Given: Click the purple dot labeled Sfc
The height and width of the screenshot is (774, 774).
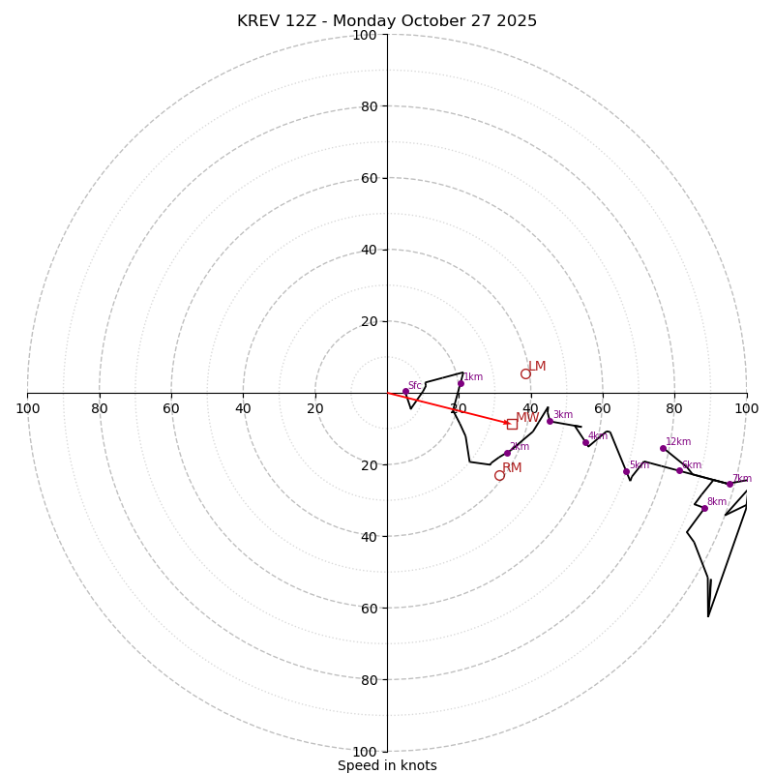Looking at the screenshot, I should [x=405, y=391].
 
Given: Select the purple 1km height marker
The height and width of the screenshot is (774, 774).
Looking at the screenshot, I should [x=461, y=383].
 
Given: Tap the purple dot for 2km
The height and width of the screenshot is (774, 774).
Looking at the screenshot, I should [x=507, y=453].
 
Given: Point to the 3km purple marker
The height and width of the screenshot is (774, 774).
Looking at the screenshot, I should [x=550, y=421].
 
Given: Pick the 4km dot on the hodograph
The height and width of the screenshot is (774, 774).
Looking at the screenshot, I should [x=585, y=442].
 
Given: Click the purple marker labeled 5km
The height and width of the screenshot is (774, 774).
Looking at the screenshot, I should [x=626, y=471].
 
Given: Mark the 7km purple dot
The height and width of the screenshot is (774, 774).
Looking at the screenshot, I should [x=729, y=484].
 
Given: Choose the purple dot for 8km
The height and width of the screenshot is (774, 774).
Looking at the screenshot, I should [x=704, y=508].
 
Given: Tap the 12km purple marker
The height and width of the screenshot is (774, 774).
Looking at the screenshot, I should [x=663, y=448].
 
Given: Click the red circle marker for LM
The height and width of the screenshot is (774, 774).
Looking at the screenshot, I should [x=525, y=373].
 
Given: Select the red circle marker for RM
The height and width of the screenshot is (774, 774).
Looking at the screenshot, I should [x=499, y=475].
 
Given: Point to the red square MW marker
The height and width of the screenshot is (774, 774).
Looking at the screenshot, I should [x=512, y=424].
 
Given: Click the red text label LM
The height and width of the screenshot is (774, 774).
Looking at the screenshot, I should [x=537, y=367].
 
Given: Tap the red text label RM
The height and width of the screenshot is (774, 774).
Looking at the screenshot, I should [x=512, y=468].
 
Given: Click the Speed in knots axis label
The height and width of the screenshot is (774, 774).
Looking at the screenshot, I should [x=387, y=766].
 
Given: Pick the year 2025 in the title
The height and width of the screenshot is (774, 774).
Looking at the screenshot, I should [x=516, y=21].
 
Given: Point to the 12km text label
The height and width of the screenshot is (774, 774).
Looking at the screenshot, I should [x=678, y=442].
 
